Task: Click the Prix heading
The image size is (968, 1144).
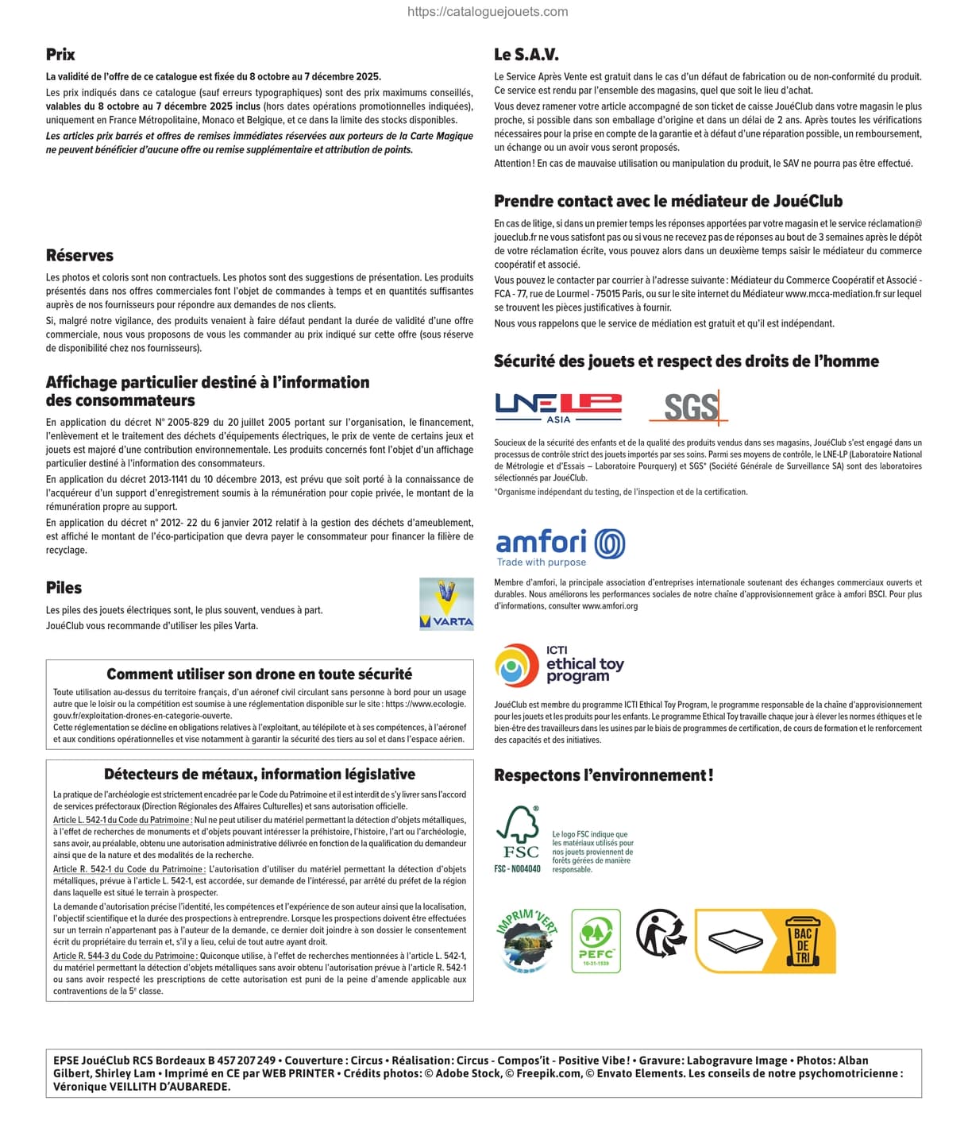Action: [x=60, y=55]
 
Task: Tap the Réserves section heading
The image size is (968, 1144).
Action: [x=79, y=256]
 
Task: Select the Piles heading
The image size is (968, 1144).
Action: [x=64, y=588]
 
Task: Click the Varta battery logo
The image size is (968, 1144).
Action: [x=446, y=605]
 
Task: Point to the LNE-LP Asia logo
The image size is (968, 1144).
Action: [x=558, y=408]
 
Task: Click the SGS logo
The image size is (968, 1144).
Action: [x=689, y=408]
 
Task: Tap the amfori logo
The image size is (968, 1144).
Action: [x=560, y=547]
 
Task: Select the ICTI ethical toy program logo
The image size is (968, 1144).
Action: [x=559, y=665]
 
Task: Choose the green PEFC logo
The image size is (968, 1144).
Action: [x=596, y=941]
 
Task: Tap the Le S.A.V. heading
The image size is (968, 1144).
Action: [x=526, y=55]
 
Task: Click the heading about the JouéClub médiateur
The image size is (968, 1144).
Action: [x=668, y=201]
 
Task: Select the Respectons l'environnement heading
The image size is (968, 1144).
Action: [x=604, y=775]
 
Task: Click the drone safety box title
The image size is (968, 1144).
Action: [x=259, y=674]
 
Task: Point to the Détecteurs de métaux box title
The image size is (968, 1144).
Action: [x=259, y=775]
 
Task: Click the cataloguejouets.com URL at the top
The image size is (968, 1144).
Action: [x=488, y=12]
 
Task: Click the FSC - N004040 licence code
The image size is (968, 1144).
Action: [x=517, y=869]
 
